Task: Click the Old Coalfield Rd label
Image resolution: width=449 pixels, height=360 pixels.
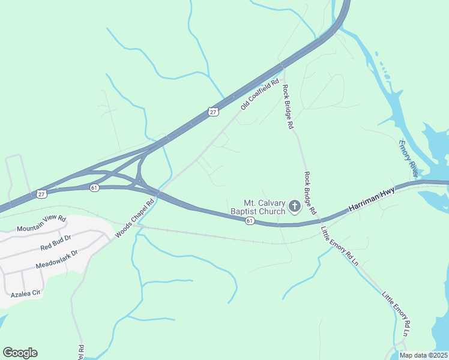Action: point(261,95)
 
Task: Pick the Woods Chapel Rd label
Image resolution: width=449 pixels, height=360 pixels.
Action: point(136,218)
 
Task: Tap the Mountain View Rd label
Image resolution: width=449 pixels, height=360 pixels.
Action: point(41,224)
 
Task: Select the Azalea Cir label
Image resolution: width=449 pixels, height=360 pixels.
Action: point(25,295)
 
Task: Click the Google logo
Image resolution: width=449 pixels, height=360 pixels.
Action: point(20,353)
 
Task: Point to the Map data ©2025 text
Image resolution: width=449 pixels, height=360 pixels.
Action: point(424,355)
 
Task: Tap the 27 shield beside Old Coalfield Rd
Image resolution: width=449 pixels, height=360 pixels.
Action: point(213,111)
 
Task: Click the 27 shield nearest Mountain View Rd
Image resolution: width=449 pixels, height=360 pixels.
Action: point(40,193)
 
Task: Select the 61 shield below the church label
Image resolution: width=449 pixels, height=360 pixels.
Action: point(249,221)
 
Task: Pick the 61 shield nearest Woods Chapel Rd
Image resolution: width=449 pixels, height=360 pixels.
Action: point(94,188)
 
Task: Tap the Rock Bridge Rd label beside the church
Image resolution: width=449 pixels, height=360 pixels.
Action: point(310,193)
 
